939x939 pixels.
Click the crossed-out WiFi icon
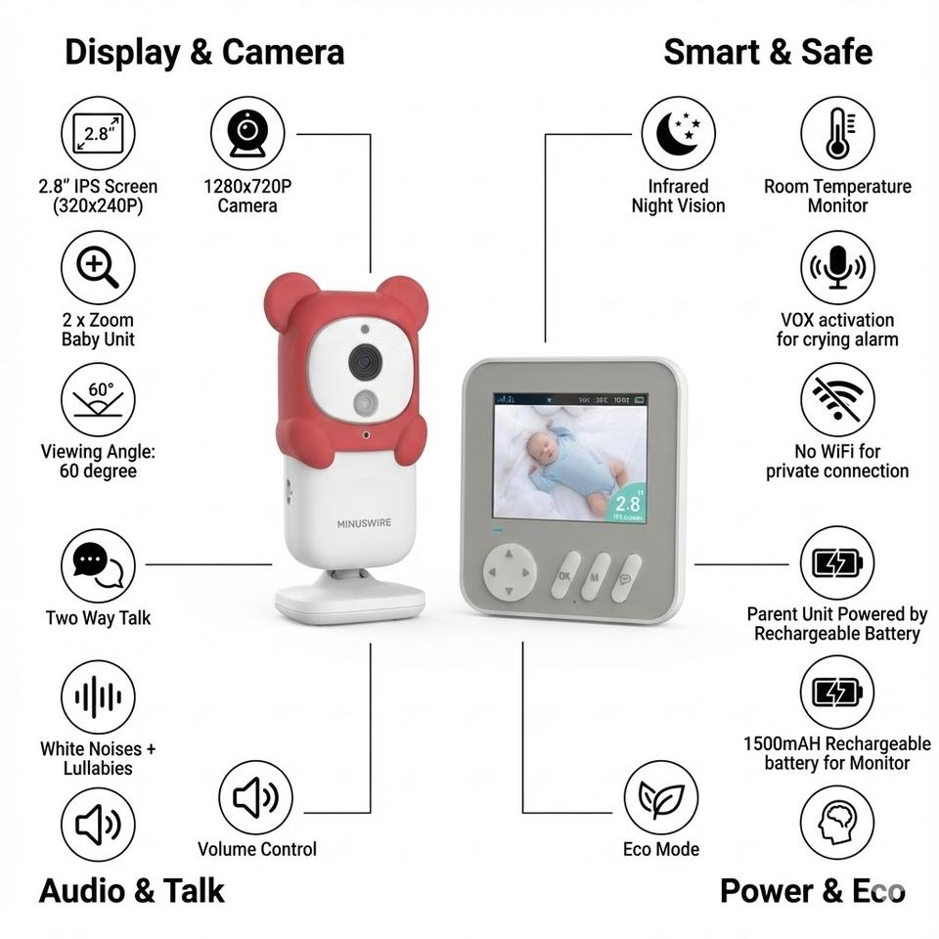coord(837,400)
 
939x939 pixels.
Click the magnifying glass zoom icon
coord(98,267)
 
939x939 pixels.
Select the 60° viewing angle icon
coord(98,400)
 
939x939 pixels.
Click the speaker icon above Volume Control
coord(255,796)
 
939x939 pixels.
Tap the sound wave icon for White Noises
coord(98,696)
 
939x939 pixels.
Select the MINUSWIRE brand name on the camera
coord(364,523)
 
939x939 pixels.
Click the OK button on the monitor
coord(565,576)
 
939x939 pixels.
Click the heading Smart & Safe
coord(767,52)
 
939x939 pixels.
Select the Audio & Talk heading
coord(132,891)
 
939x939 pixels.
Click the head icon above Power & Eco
coord(837,824)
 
